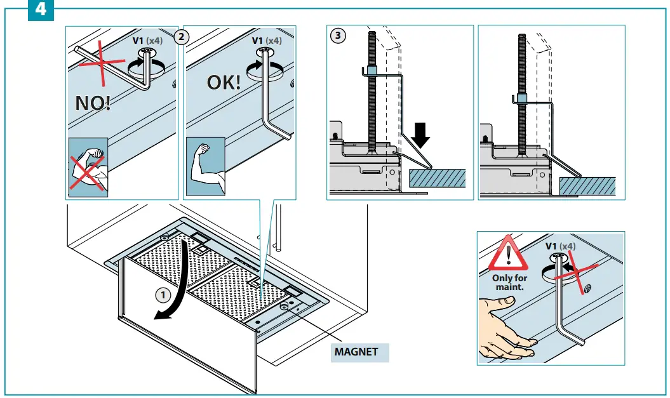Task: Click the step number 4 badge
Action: pyautogui.click(x=41, y=10)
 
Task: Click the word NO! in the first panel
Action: pyautogui.click(x=93, y=102)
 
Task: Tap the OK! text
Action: pyautogui.click(x=224, y=83)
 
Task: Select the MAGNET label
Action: pyautogui.click(x=356, y=352)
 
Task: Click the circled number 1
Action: pyautogui.click(x=164, y=295)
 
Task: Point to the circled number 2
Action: pyautogui.click(x=181, y=37)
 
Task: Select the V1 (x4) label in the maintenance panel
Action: pyautogui.click(x=561, y=246)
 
